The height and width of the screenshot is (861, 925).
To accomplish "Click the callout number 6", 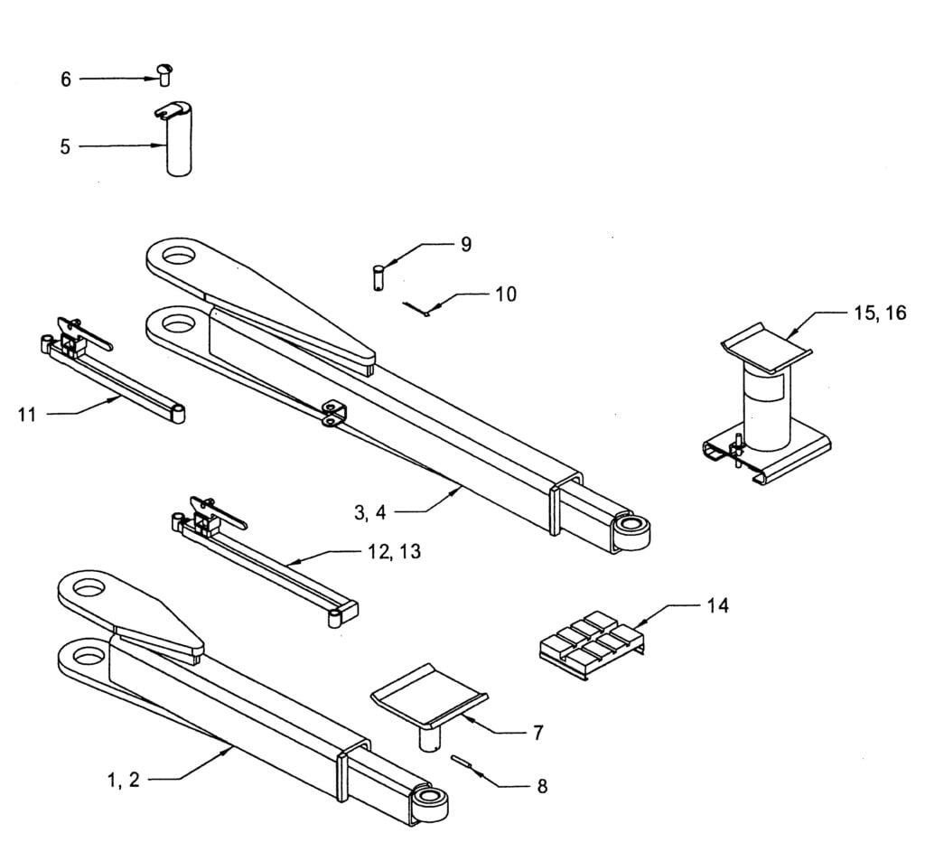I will (66, 80).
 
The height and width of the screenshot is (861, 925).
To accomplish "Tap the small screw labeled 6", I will (164, 73).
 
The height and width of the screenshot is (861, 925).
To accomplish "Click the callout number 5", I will (65, 146).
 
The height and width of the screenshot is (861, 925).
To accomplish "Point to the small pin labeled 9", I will (378, 276).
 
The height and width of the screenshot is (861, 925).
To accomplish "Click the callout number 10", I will (506, 295).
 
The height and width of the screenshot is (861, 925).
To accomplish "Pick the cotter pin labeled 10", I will (416, 309).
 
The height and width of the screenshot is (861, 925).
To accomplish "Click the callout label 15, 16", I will (881, 313).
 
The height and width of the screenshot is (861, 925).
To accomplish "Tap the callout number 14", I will (717, 605).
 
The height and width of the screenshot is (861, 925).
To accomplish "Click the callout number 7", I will (537, 732).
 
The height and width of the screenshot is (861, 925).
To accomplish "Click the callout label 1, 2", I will (124, 781).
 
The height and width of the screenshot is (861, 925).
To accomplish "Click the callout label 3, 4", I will (369, 512).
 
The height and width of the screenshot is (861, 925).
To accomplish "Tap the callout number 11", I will (28, 415).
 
